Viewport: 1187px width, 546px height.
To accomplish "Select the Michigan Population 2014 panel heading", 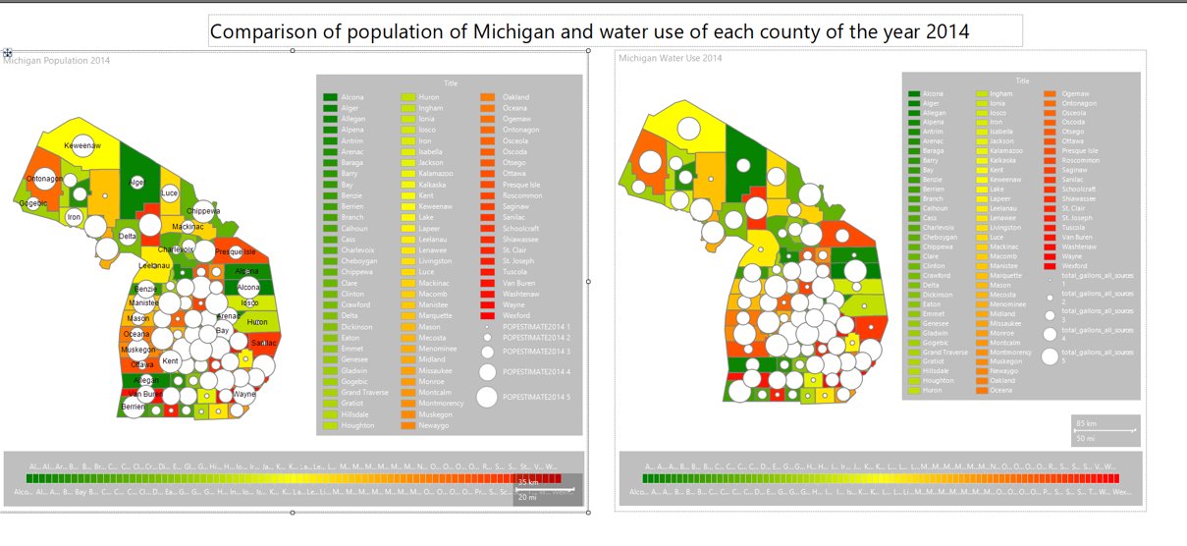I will [56, 61].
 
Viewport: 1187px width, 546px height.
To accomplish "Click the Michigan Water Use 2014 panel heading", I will [670, 59].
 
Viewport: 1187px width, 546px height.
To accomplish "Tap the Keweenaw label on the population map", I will [82, 146].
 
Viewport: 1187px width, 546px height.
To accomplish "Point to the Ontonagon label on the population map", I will [44, 179].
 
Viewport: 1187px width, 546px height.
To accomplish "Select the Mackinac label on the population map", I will [188, 227].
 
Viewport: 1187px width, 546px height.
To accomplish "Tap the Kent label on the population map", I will [170, 361].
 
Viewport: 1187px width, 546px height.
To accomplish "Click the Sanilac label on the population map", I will [263, 343].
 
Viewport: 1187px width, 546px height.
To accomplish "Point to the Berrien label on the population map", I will [134, 406].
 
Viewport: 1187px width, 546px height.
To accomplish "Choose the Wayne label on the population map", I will [244, 394].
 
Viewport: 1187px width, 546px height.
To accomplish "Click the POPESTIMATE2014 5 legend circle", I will [486, 397].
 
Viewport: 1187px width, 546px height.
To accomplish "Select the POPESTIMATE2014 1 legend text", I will [535, 326].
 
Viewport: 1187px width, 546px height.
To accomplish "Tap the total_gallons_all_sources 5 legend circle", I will [1050, 356].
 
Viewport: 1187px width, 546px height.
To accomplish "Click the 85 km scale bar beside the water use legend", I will [1104, 428].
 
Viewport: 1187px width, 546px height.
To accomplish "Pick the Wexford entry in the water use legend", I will [1072, 266].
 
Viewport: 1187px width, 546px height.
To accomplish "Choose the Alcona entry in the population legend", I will [351, 97].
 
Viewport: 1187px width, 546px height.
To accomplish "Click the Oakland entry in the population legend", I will [515, 97].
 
